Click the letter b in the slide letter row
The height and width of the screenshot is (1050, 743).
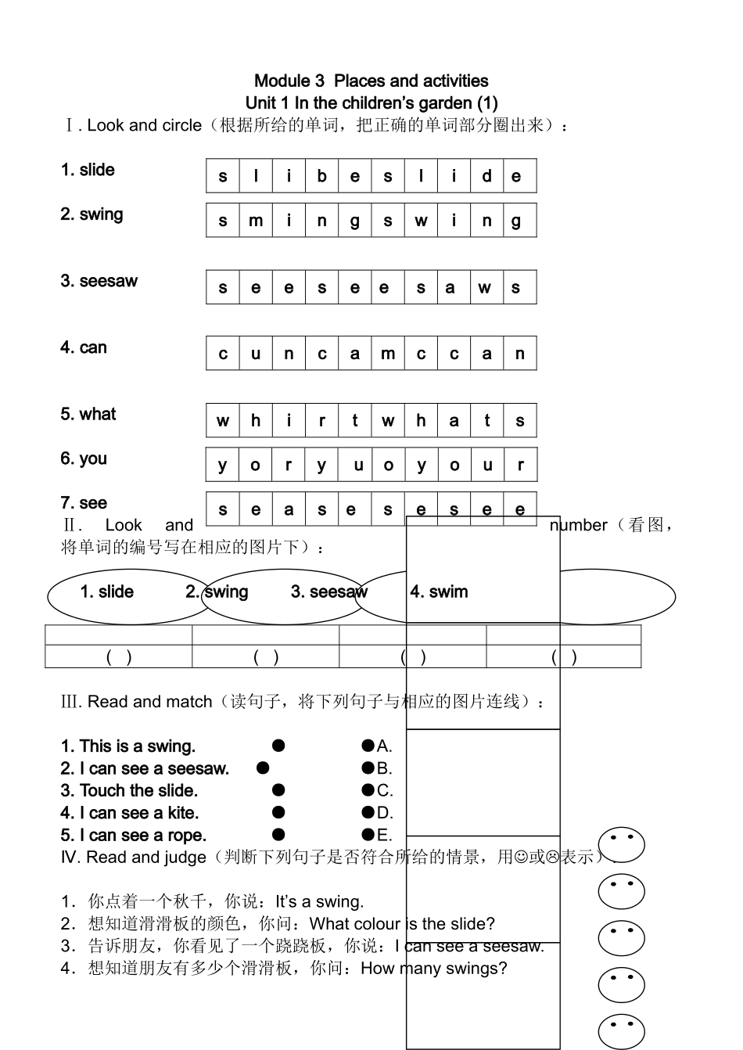[x=321, y=176]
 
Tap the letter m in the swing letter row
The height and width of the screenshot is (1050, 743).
[x=256, y=221]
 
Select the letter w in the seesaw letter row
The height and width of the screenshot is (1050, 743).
[x=485, y=287]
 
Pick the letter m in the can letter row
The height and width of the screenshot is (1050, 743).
[x=388, y=354]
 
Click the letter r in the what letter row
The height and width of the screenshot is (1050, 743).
[x=321, y=421]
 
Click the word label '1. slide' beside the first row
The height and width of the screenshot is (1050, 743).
[x=88, y=170]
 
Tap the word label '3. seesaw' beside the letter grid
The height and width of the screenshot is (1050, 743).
[x=99, y=281]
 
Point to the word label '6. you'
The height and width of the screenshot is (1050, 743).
[x=84, y=458]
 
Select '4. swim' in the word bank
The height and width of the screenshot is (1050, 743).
[x=439, y=592]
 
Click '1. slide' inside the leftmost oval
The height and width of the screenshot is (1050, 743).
[x=106, y=592]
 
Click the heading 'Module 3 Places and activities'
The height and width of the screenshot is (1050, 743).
[x=371, y=81]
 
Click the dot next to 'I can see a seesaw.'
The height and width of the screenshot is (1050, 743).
[x=263, y=768]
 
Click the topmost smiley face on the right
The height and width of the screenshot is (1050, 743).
[x=621, y=845]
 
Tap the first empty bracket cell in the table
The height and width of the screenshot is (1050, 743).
[x=119, y=657]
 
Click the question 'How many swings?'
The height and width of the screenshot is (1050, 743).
[x=433, y=969]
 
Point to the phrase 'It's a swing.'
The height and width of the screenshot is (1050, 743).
[x=319, y=901]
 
